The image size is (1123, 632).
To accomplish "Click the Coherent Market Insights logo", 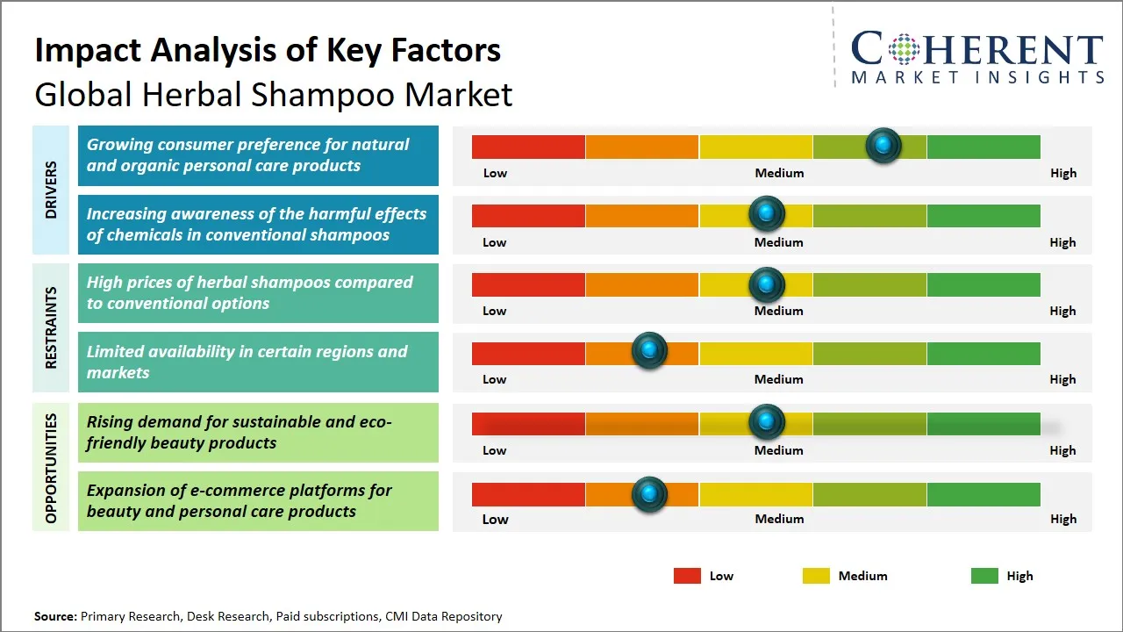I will (x=976, y=57).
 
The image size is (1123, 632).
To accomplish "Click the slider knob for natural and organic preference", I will (x=883, y=146).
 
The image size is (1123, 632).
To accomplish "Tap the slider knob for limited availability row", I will (x=649, y=351).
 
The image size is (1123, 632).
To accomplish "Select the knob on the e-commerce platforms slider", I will (x=649, y=494).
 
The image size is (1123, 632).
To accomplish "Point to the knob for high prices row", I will (x=767, y=284).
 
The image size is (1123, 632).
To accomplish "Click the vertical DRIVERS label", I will (x=50, y=190).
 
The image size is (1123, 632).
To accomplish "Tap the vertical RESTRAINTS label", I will (x=50, y=327).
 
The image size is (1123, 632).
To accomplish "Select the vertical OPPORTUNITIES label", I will (x=50, y=468).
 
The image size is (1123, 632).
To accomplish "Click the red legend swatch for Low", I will (x=687, y=576).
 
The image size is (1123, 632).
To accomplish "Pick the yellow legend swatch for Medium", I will (x=816, y=576).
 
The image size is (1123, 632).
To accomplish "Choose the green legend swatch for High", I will (x=984, y=576).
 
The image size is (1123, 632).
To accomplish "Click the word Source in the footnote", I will (x=55, y=616).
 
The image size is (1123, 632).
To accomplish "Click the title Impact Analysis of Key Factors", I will (x=268, y=50).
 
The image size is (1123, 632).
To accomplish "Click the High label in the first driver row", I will (x=1062, y=173).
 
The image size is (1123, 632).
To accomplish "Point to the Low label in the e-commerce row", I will (x=495, y=519).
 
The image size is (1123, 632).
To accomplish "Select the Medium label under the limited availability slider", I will (x=778, y=379).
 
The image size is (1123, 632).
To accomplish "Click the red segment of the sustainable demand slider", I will (x=528, y=424).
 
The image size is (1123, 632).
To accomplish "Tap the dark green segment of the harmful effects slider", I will (x=983, y=215).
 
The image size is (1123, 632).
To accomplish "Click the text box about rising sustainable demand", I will (x=258, y=432).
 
